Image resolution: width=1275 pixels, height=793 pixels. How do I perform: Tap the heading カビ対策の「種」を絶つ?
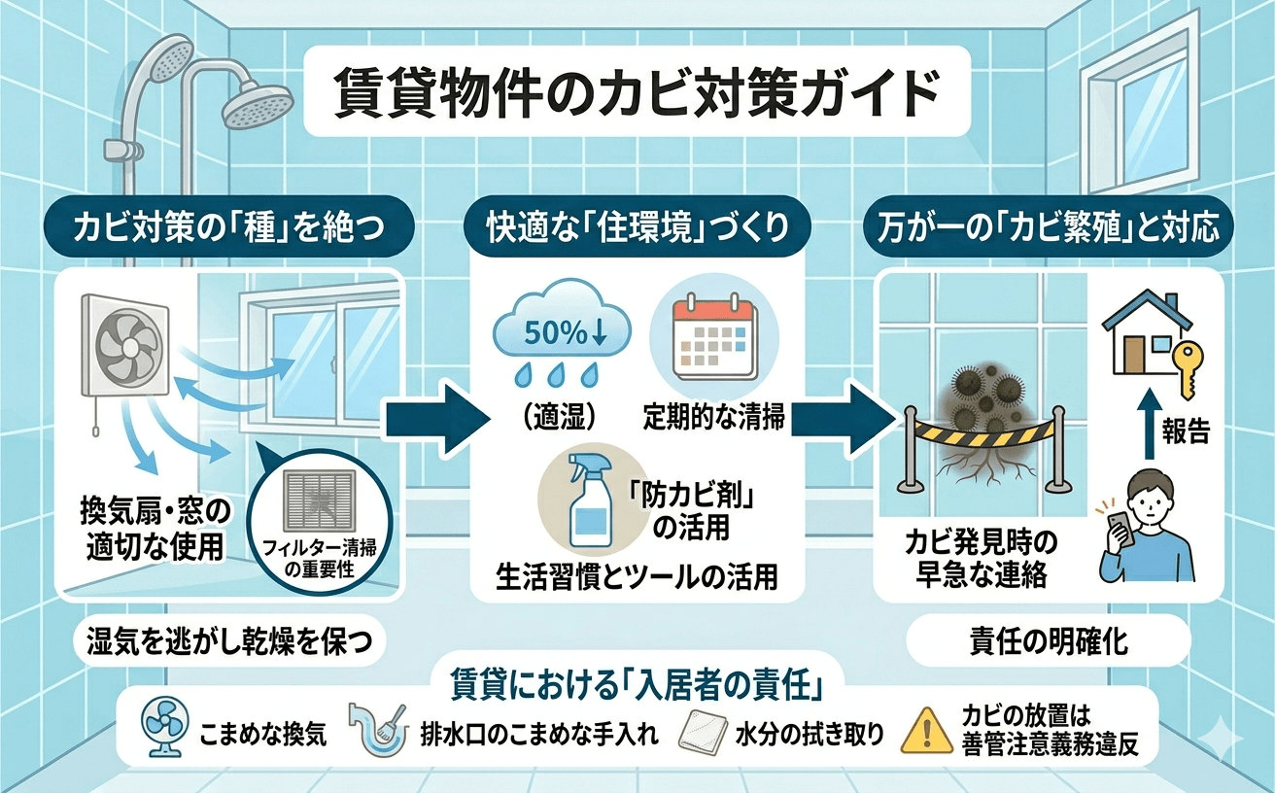(x=231, y=229)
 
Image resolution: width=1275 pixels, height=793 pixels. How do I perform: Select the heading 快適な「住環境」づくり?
(x=637, y=229)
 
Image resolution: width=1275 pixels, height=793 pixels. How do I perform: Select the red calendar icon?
(x=714, y=340)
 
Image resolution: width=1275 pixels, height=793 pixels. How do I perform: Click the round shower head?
(x=258, y=104)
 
